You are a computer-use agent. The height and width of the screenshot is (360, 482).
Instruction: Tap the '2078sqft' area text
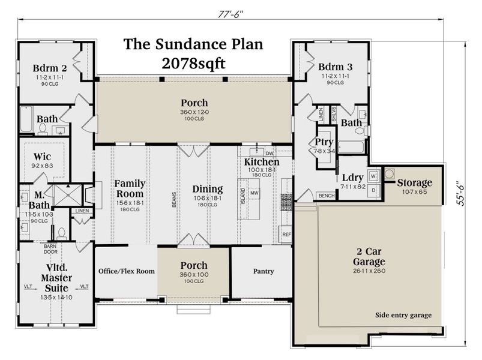[193, 62]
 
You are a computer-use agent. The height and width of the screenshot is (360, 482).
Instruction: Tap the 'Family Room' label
[129, 188]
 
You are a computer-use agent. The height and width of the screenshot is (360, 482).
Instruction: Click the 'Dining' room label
[207, 189]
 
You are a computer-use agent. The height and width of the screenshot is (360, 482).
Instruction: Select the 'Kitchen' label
[261, 163]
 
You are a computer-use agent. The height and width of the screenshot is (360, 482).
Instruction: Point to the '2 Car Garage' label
[369, 257]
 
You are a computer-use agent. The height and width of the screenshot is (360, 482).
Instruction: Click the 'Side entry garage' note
[403, 315]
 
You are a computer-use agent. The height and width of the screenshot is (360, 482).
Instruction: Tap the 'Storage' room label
[414, 182]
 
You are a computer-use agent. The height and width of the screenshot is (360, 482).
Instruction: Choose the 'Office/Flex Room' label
[126, 271]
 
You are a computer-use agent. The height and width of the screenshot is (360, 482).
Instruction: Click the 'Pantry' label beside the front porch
[264, 271]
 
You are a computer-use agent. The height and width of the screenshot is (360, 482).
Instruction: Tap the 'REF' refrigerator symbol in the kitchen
[286, 234]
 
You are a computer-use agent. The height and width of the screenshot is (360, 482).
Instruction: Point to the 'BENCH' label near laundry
[327, 196]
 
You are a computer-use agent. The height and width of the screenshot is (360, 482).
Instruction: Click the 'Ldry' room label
[352, 178]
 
